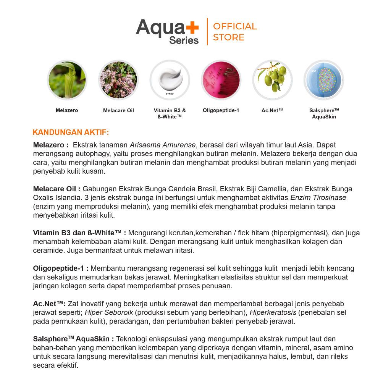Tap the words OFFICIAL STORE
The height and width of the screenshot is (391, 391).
(x=235, y=32)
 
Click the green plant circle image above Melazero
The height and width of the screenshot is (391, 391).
(x=67, y=80)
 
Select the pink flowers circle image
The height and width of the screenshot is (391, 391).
(x=118, y=80)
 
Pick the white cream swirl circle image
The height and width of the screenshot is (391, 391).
(x=170, y=80)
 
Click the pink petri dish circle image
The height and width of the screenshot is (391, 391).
(x=221, y=80)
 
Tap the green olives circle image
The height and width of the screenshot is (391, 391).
(x=272, y=80)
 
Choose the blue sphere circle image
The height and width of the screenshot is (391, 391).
(x=324, y=80)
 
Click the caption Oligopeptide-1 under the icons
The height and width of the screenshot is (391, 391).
(x=221, y=110)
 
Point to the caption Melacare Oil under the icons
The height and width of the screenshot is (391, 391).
(x=118, y=110)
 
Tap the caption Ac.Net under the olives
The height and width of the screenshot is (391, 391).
(x=272, y=110)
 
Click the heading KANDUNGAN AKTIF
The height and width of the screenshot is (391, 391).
(x=71, y=132)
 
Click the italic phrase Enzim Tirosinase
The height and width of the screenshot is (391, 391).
(x=318, y=198)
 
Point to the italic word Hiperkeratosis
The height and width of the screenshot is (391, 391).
(x=273, y=313)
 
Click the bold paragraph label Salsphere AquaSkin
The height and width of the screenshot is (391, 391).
(x=73, y=339)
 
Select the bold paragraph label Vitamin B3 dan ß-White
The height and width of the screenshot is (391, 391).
(x=79, y=233)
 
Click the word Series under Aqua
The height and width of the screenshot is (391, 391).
(x=184, y=40)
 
